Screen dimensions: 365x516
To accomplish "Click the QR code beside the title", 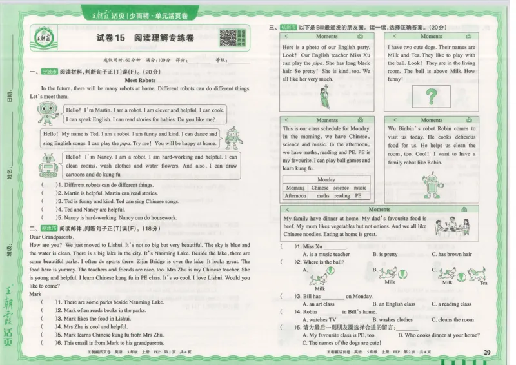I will [228, 39].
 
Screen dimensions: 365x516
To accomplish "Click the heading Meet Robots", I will [139, 80].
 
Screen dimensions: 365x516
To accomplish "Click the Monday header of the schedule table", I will [326, 179].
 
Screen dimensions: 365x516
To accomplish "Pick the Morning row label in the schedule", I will [295, 188].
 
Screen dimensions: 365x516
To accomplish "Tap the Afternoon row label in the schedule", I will [295, 196].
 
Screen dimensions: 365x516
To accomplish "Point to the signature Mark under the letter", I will [35, 294].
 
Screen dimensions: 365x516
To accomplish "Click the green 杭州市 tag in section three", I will [288, 27].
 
